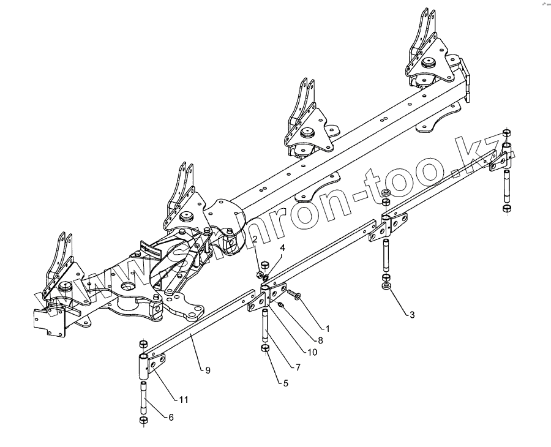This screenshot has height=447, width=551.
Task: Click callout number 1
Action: [328, 329]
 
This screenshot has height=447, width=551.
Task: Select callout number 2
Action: [254, 239]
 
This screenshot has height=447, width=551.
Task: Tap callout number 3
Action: [412, 315]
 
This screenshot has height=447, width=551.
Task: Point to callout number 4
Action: [283, 248]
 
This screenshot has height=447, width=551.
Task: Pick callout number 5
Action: [285, 384]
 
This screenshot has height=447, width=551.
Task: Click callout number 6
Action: [170, 417]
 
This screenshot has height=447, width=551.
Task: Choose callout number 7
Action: [298, 367]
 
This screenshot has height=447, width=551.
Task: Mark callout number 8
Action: [320, 340]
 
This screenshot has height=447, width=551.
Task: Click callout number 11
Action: [182, 400]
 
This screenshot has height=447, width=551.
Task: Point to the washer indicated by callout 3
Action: [386, 287]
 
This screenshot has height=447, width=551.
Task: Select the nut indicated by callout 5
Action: [266, 349]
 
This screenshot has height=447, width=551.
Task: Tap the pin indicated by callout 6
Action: [143, 398]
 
